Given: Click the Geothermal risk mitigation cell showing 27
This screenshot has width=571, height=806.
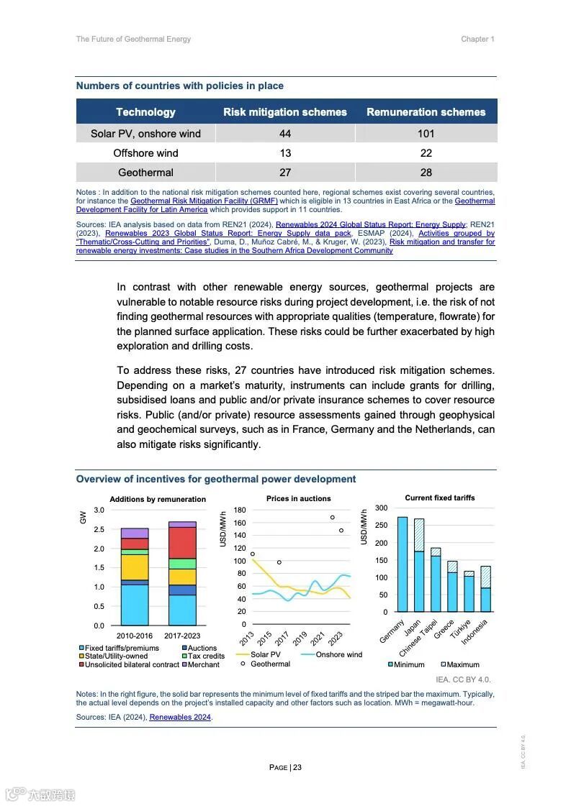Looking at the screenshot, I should point(285,173).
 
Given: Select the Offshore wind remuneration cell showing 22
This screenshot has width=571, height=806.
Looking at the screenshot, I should point(426,153).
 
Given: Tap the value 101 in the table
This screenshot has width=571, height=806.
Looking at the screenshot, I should point(426,134).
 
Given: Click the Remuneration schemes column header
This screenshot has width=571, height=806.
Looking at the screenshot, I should point(426,112).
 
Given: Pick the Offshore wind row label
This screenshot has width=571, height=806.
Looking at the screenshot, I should point(145,153).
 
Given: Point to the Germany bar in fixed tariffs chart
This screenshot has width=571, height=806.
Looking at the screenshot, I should point(402,564).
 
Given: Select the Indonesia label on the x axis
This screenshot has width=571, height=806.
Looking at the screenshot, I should point(475,632).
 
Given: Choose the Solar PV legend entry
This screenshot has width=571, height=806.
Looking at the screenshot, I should point(265,654).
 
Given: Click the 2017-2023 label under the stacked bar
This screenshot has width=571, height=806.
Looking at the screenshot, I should point(182,636).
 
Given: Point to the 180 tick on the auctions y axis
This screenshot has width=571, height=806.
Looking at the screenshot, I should point(240,510).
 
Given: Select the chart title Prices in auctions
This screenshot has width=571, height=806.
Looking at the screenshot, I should point(298,498).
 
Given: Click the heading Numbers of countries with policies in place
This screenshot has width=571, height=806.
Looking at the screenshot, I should point(180,86).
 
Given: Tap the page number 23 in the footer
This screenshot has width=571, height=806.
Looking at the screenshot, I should point(297,767).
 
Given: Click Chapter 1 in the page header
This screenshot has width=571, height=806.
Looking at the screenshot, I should point(477,39).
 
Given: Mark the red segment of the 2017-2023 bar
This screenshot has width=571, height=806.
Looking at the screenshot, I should point(182,543).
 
